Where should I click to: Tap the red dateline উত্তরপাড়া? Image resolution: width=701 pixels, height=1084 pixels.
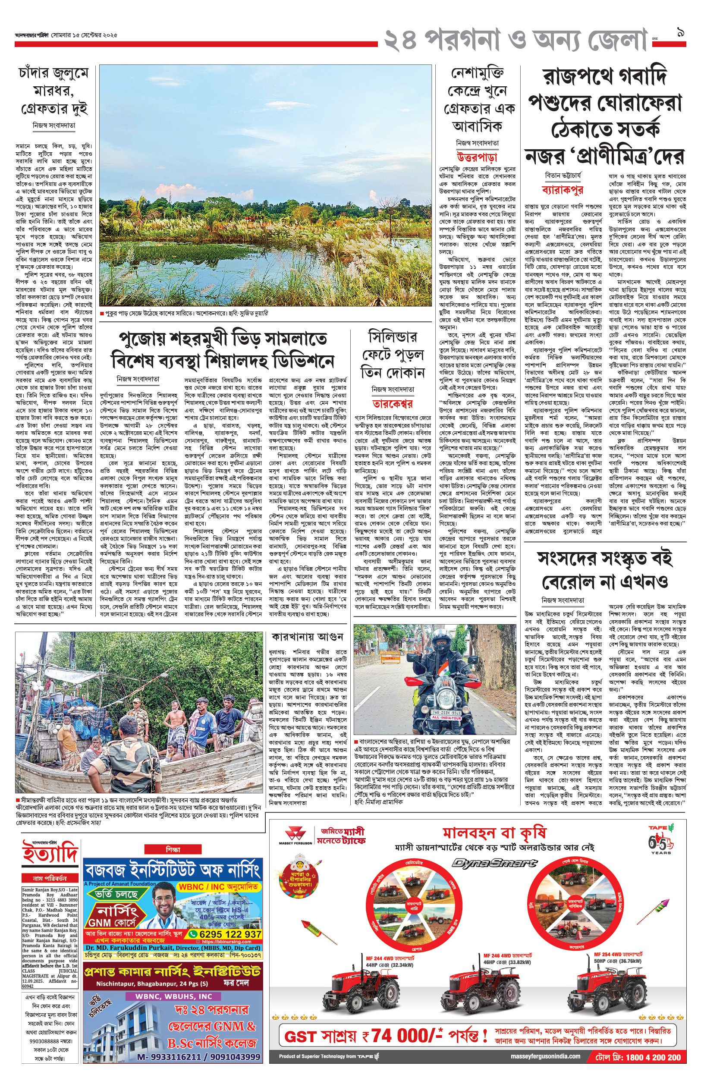pyautogui.click(x=477, y=157)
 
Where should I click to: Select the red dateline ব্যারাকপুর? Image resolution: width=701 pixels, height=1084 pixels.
pyautogui.click(x=563, y=190)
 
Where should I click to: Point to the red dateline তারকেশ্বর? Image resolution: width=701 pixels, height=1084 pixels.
pyautogui.click(x=393, y=404)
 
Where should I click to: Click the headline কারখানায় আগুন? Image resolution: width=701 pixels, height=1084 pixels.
pyautogui.click(x=307, y=637)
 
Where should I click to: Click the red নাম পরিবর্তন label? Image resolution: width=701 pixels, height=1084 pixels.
pyautogui.click(x=50, y=878)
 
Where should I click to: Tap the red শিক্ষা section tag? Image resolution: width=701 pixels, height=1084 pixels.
pyautogui.click(x=173, y=849)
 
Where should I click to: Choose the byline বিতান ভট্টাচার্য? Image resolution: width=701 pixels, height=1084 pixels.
pyautogui.click(x=563, y=176)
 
